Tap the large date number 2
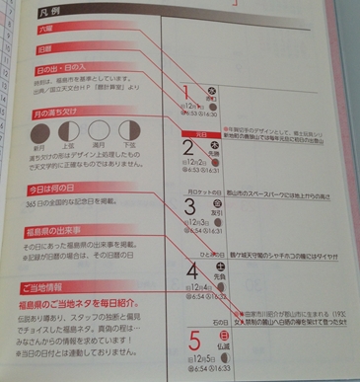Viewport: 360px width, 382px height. click(187, 150)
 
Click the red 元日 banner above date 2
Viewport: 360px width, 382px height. click(220, 128)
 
